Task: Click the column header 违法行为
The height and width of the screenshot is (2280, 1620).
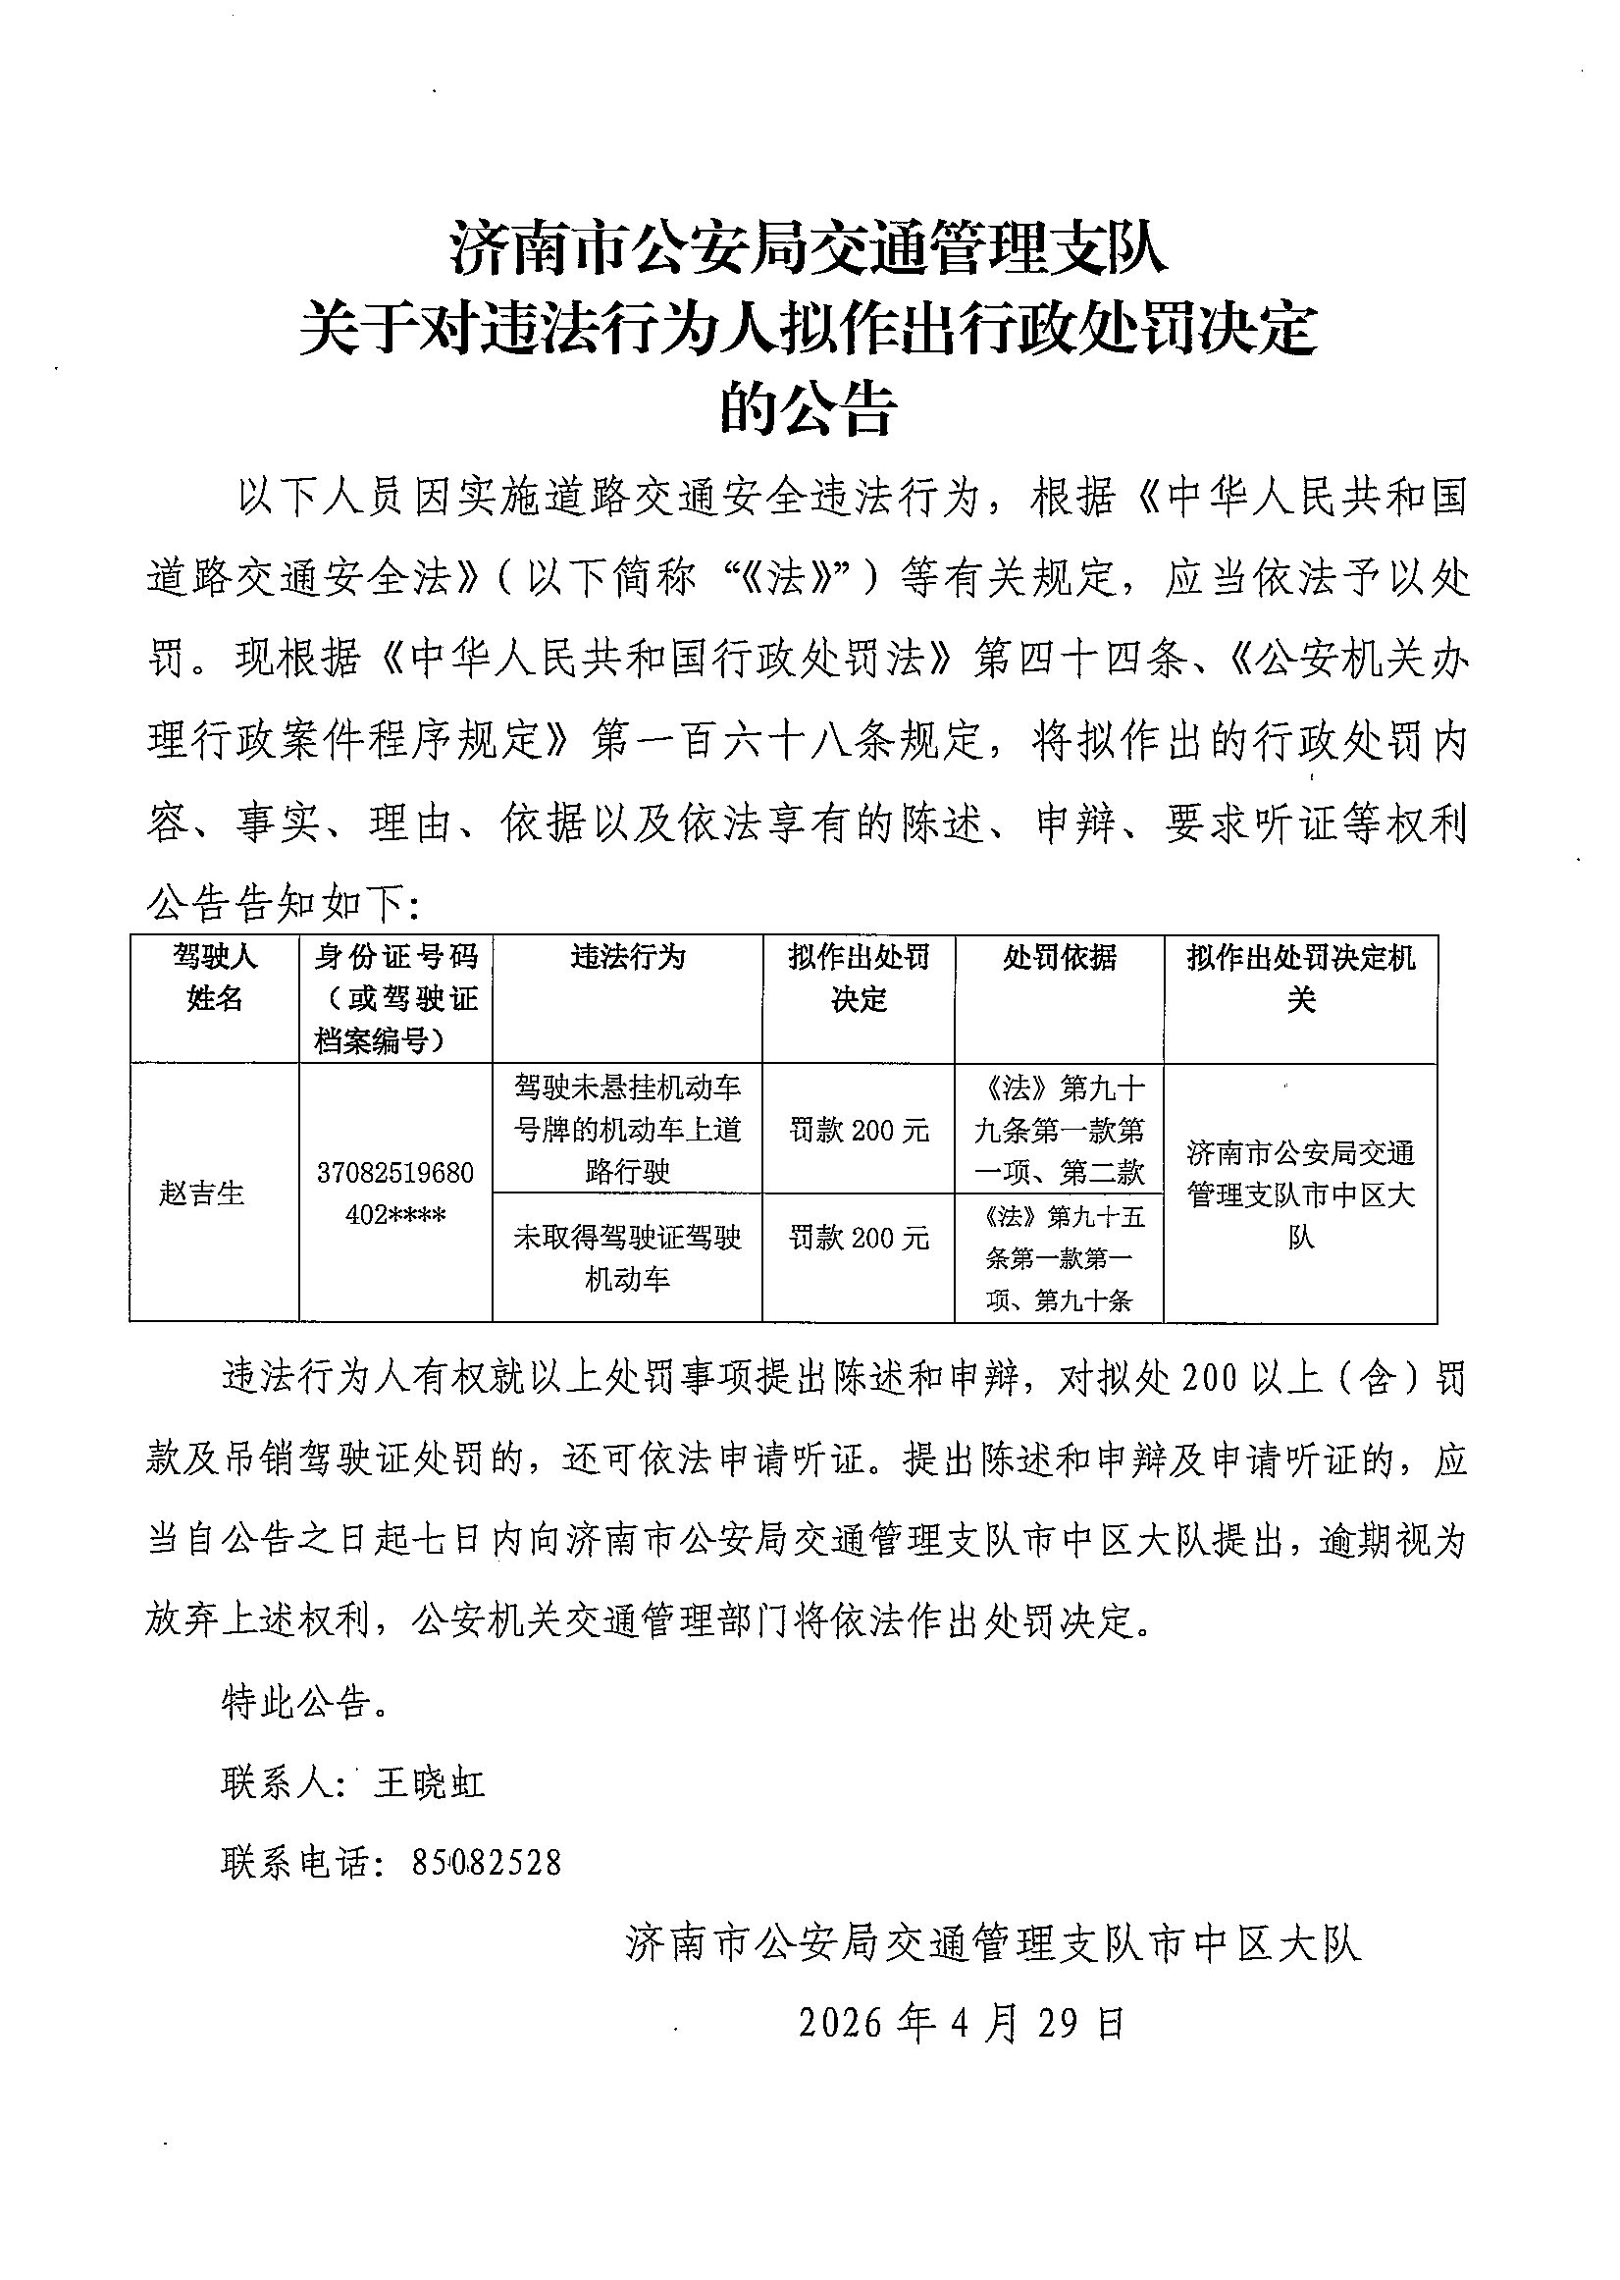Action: point(627,958)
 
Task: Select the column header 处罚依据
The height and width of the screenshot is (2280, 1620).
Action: point(1059,958)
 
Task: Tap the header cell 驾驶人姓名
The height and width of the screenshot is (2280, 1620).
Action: point(215,977)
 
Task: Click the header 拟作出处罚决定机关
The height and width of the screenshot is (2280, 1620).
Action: point(1300,978)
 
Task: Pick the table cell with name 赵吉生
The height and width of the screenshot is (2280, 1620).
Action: point(201,1193)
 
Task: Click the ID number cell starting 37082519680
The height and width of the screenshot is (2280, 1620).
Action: point(395,1193)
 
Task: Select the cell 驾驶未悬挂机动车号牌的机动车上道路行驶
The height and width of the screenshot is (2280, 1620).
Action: point(627,1129)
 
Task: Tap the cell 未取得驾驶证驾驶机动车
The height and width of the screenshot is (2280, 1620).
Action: point(627,1257)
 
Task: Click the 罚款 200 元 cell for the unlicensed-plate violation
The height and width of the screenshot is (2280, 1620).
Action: point(859,1131)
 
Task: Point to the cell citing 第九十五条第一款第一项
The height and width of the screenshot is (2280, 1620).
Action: point(1059,1258)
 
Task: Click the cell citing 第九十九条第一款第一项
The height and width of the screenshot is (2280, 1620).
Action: point(1059,1129)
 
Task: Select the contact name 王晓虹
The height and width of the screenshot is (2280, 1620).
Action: point(430,1783)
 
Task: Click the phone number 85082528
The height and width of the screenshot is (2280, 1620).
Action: point(487,1862)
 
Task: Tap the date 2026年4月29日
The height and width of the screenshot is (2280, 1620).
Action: point(963,2022)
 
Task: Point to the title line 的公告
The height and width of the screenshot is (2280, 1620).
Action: point(809,408)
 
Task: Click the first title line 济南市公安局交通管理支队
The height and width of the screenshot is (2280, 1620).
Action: point(809,248)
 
